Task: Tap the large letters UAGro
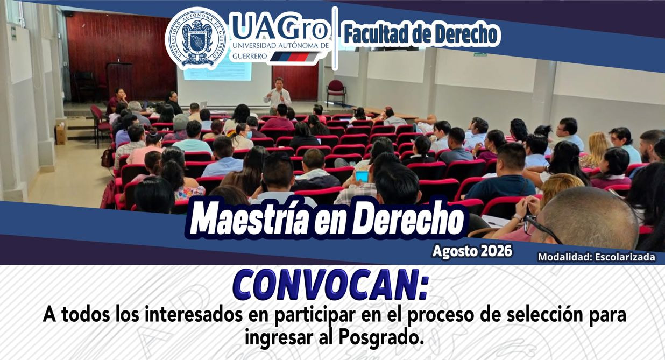point(280,26)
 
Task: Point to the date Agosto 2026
point(472,251)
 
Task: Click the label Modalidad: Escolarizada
point(597,257)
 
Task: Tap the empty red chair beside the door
point(336,91)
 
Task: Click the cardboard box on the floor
point(61,133)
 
